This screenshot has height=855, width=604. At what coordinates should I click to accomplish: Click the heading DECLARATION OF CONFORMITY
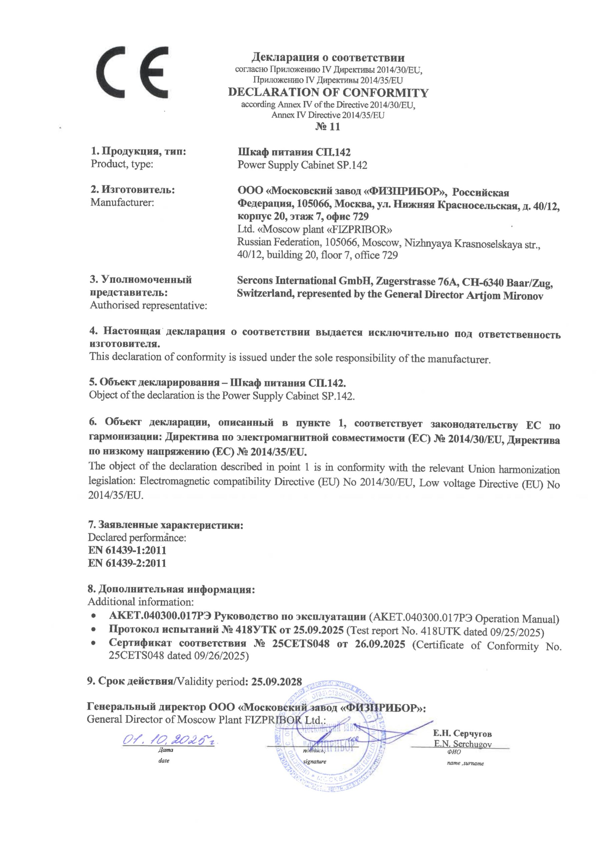coord(328,93)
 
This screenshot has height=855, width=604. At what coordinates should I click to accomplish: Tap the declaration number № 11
coord(327,127)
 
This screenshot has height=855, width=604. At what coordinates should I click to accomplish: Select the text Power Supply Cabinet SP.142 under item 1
coord(302,165)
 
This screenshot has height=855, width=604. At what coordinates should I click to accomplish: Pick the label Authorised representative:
coord(148,305)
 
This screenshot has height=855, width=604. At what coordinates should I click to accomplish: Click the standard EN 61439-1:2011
coord(127,550)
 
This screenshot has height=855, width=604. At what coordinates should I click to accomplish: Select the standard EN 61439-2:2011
coord(127,563)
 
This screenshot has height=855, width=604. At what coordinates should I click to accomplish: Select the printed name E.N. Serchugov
coord(462,744)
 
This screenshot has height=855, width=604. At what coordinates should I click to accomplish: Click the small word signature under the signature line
coord(315,761)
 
